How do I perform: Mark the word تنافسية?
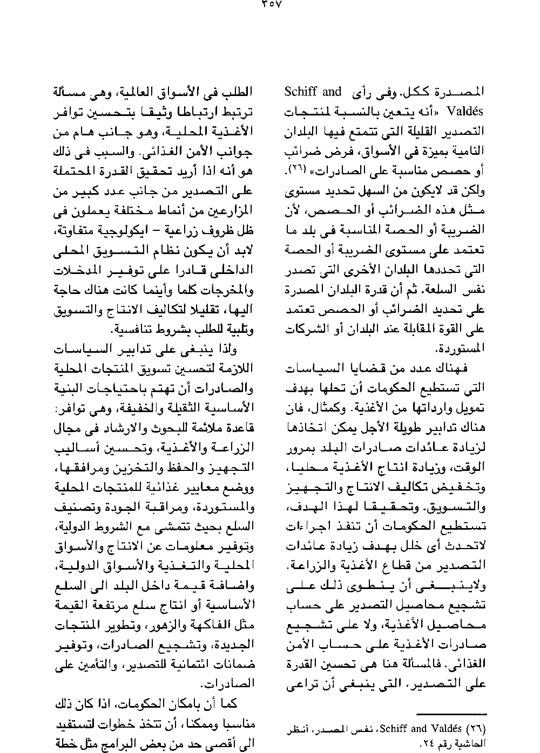tap(132, 329)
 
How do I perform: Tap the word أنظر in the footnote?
tap(297, 729)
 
